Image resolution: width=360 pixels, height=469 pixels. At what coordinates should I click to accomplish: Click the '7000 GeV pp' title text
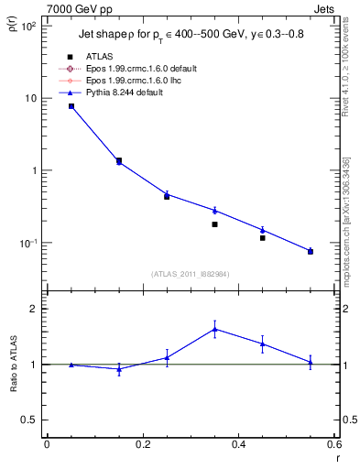coord(75,10)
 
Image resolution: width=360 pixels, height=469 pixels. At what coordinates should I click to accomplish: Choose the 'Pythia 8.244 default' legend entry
coord(128,93)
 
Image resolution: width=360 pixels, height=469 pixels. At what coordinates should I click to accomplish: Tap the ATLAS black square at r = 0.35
coord(214,224)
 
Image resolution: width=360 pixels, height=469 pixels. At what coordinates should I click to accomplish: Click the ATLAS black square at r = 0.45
coord(262,238)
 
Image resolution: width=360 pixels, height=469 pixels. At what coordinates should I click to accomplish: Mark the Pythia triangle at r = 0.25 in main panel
coord(167,194)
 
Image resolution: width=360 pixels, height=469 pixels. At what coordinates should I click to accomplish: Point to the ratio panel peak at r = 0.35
coord(214,329)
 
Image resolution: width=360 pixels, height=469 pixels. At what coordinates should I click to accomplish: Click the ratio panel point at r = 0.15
coord(119,369)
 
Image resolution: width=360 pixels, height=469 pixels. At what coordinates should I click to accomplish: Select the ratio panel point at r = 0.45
coord(262,344)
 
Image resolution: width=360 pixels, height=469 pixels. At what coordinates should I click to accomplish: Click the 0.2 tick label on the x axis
coord(142,444)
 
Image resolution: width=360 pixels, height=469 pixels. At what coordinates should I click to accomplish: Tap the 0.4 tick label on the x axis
coord(238,444)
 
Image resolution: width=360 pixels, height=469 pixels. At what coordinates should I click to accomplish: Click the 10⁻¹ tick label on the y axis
coord(27,243)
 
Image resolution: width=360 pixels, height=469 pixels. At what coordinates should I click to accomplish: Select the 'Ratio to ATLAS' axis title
coord(12,365)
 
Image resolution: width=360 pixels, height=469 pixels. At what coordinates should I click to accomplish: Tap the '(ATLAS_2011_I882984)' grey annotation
coord(191,272)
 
